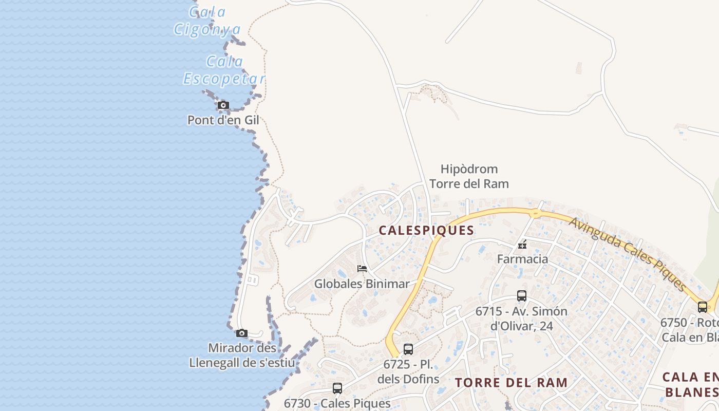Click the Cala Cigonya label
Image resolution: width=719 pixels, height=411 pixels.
pos(207,21)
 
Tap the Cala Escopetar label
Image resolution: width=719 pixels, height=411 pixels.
pos(224,70)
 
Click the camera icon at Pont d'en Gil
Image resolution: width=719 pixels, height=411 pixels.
pos(223,105)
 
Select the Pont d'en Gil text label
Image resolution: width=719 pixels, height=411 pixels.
pos(223,120)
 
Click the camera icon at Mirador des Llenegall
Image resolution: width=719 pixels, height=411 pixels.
pos(242,333)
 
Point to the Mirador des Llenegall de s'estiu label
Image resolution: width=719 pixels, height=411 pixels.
pos(242,356)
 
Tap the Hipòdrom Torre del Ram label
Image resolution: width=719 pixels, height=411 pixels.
pos(469,176)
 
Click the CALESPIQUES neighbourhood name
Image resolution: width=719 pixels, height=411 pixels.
pos(426,231)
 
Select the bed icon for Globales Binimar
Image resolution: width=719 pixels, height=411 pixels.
pos(362,269)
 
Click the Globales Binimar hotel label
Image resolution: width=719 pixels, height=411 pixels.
pos(362,284)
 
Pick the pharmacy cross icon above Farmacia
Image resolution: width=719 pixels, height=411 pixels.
pos(522,245)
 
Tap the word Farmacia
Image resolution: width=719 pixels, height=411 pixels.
pos(522,259)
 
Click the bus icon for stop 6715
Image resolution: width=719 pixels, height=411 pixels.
pos(522,296)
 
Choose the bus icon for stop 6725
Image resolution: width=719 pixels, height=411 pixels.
pos(408,349)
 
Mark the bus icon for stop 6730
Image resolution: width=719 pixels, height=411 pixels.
pos(337,388)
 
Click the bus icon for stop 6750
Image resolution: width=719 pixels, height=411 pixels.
pos(703,307)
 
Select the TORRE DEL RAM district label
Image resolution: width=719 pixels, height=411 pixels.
pos(512,383)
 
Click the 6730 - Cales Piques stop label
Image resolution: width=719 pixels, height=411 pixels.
pos(337,403)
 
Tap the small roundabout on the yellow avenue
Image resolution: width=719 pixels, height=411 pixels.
pos(535,213)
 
